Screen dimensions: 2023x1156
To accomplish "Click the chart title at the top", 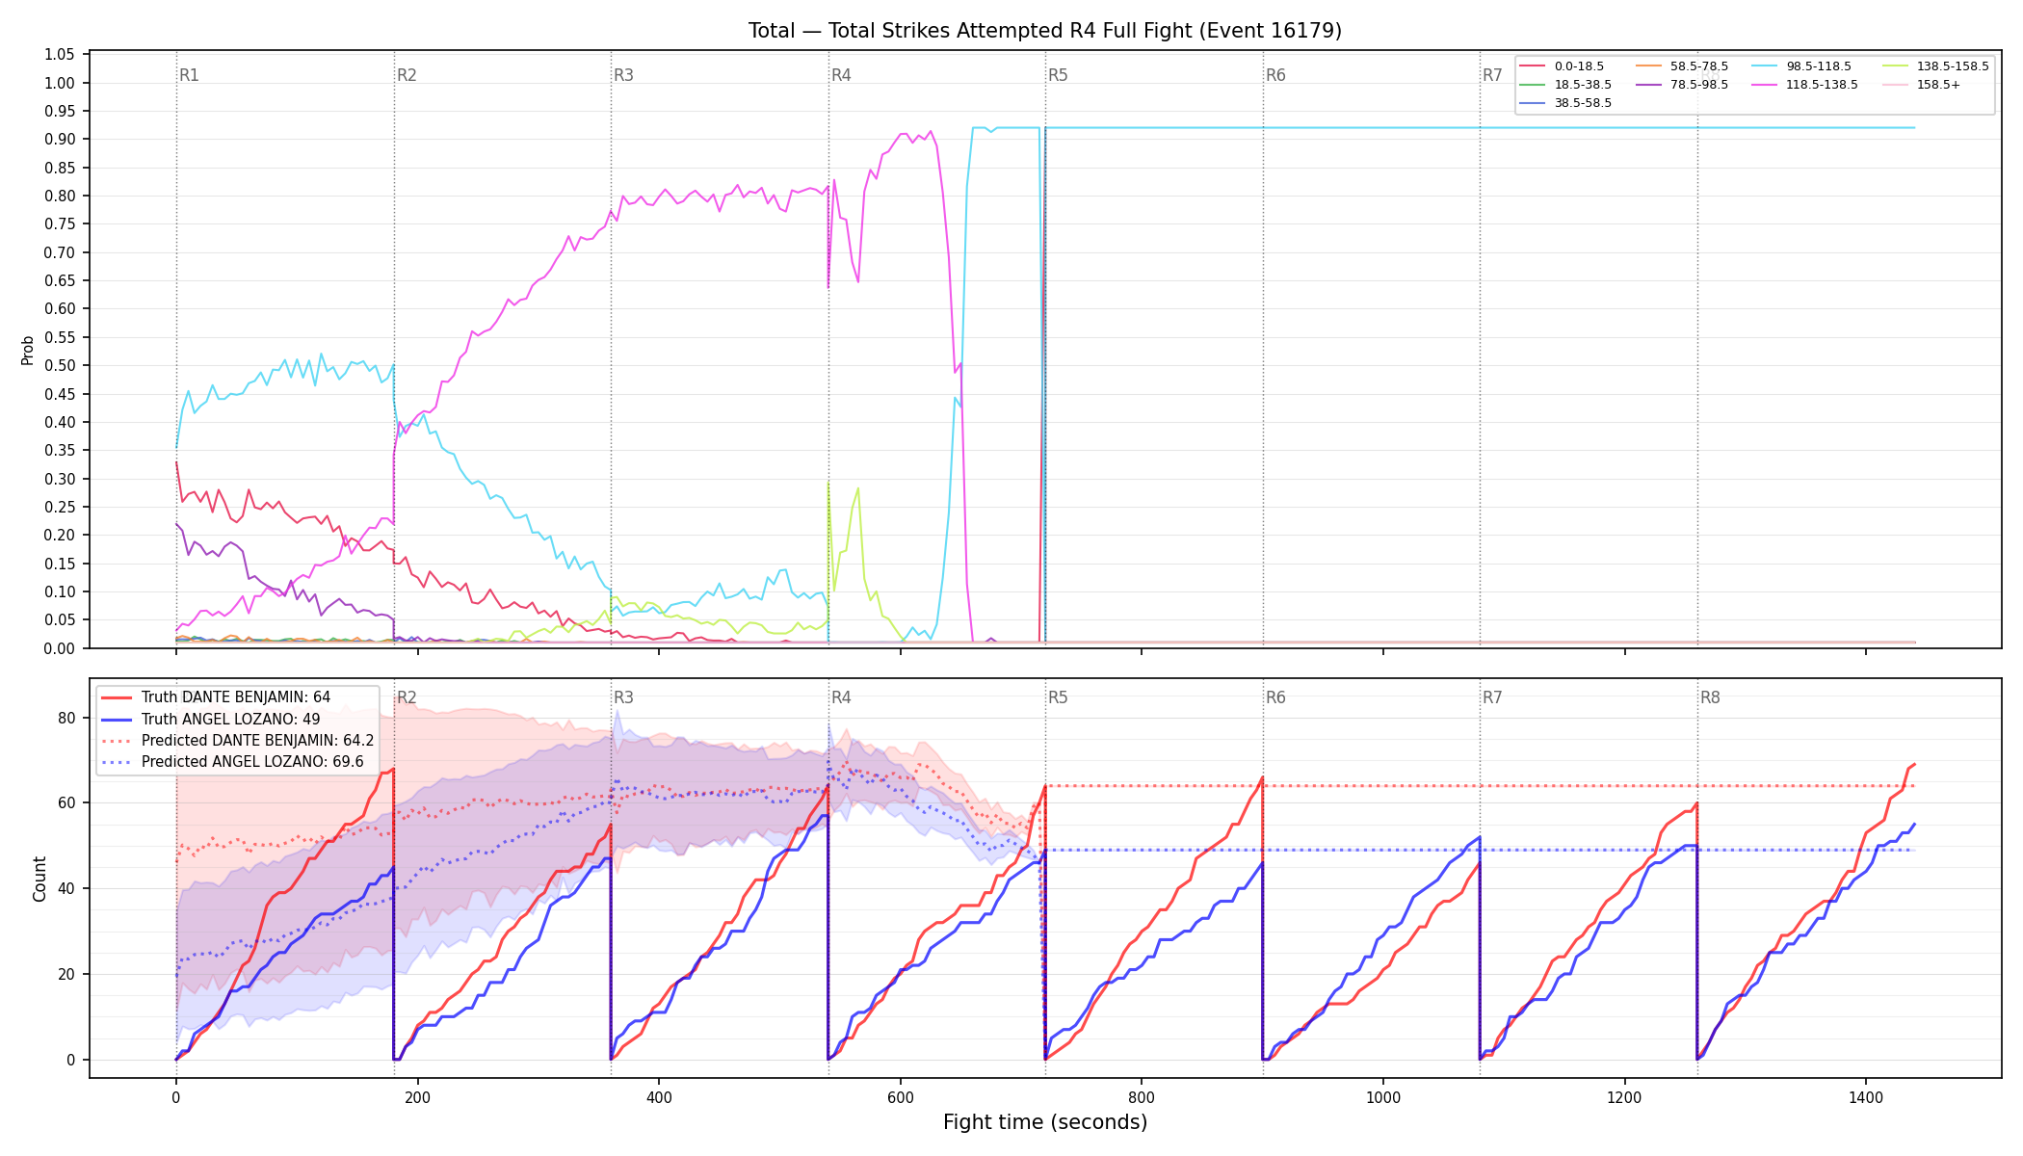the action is (x=1045, y=31).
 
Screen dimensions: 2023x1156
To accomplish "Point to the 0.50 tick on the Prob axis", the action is (x=60, y=366).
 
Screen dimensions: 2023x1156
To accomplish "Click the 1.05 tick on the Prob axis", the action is (x=60, y=55).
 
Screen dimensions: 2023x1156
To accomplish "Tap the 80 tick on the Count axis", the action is (x=66, y=718).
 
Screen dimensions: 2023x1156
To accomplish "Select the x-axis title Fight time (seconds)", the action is (x=1045, y=1122).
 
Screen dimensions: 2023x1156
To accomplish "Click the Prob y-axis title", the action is (x=28, y=351).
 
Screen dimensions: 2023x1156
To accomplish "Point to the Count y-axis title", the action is (x=39, y=879).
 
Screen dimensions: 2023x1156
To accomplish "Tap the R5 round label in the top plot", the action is (x=1058, y=75).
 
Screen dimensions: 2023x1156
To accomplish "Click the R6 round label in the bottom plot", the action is (x=1275, y=697).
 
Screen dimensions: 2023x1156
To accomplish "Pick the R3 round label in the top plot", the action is (x=623, y=75).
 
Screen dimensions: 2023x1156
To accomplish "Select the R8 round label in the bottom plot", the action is (x=1710, y=697).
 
